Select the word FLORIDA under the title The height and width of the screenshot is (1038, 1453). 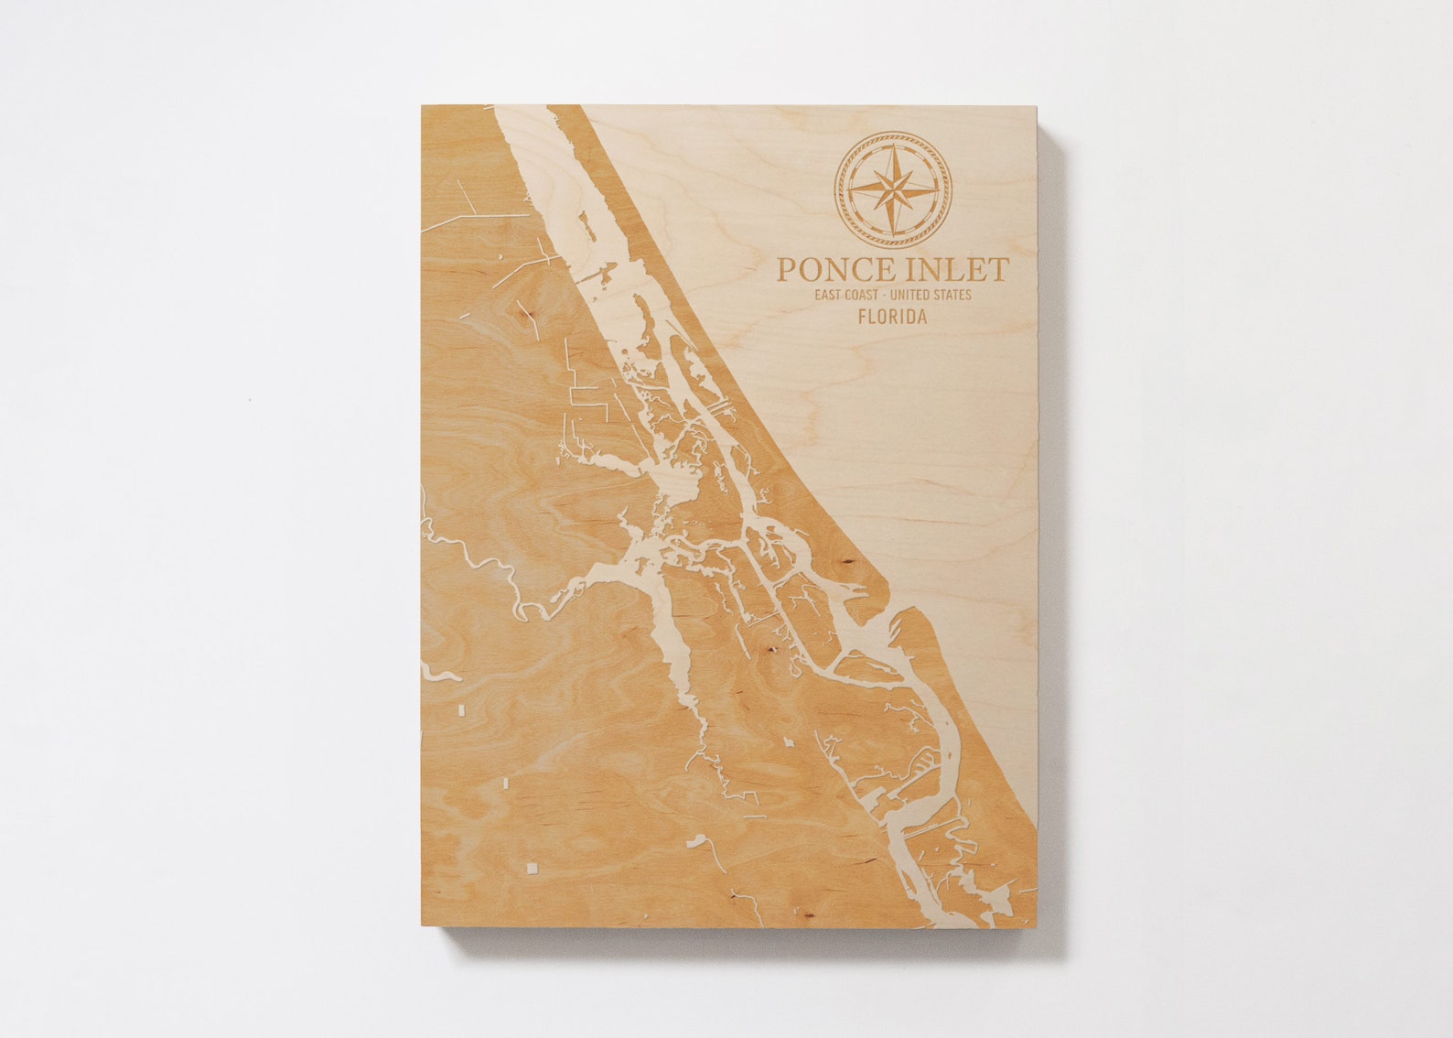[x=892, y=318]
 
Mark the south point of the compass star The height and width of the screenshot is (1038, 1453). [x=893, y=233]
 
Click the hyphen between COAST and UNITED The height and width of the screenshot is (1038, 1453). [x=894, y=295]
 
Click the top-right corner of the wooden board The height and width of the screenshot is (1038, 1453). [x=1038, y=105]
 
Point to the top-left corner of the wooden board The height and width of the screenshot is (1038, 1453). [x=423, y=105]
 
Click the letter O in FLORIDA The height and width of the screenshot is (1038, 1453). [x=880, y=318]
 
